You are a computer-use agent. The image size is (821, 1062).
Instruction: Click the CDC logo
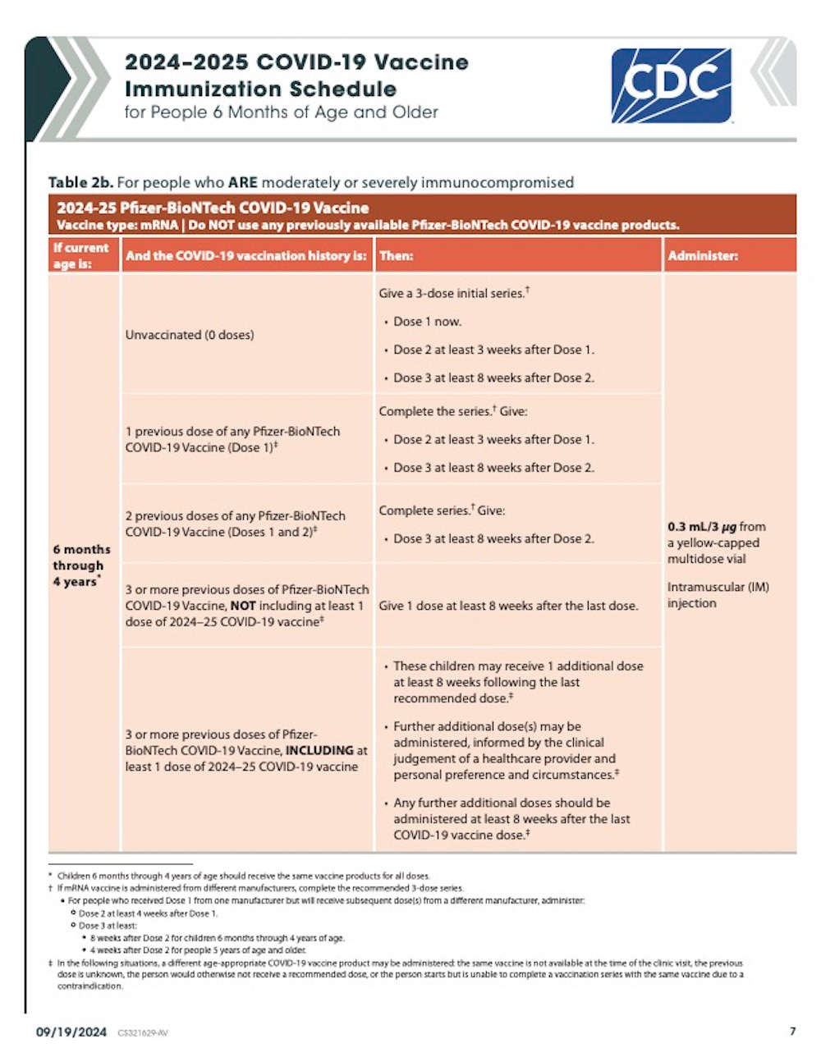(671, 85)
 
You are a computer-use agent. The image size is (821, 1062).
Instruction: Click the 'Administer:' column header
(703, 256)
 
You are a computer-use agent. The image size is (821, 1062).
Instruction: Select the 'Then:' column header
(396, 256)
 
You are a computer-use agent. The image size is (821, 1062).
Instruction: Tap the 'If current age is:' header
(80, 256)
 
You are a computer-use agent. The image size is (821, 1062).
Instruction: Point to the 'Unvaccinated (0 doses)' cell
(190, 335)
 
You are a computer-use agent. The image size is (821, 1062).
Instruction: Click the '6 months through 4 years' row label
(80, 565)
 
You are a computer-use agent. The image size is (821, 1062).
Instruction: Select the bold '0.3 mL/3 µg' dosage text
(702, 527)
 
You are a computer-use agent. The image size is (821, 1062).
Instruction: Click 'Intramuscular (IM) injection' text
(718, 595)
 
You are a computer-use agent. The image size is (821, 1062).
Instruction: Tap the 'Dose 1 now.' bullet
(427, 322)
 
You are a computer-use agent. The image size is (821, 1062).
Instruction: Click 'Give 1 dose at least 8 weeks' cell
(508, 606)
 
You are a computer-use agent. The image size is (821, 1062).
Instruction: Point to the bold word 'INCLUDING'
(319, 750)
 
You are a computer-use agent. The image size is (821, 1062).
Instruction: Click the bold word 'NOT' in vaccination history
(243, 606)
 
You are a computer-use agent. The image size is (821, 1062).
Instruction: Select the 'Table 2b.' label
(80, 182)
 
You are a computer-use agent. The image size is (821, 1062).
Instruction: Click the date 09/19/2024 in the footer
(71, 1032)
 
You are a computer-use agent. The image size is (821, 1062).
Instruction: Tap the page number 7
(792, 1032)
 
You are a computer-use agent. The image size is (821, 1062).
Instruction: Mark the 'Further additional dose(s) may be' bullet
(487, 726)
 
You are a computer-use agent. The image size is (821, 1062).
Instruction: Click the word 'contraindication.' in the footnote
(89, 986)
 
